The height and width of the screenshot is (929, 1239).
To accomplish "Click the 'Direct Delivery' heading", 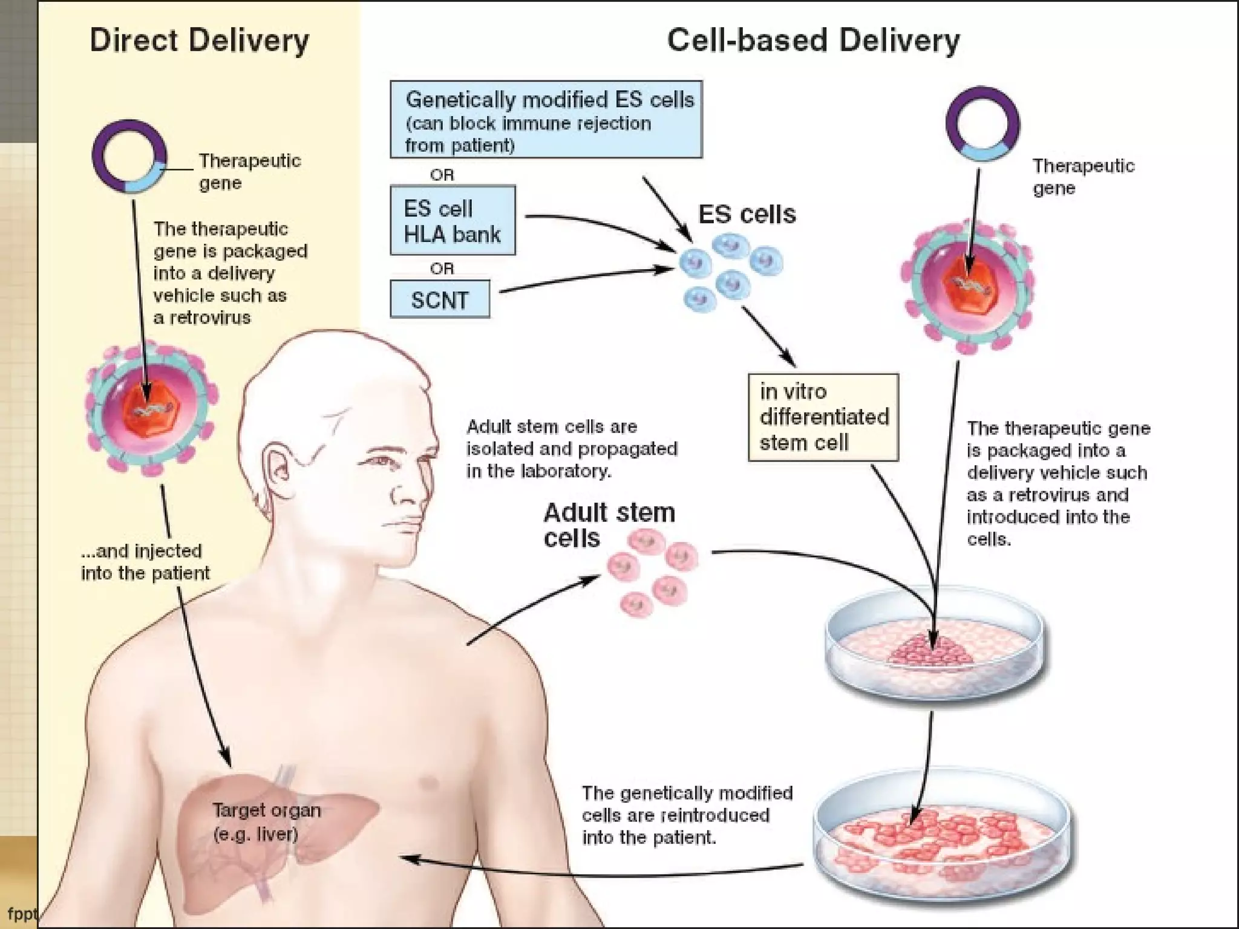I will pyautogui.click(x=199, y=41).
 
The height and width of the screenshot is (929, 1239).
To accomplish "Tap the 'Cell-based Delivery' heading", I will pyautogui.click(x=812, y=41).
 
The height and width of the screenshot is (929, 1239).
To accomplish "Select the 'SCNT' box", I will pyautogui.click(x=440, y=299).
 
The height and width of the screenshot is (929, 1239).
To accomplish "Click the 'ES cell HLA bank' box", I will pyautogui.click(x=453, y=221).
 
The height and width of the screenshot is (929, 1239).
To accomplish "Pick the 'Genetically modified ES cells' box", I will pyautogui.click(x=546, y=120).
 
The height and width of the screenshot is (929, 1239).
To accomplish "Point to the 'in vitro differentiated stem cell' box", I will pyautogui.click(x=823, y=417).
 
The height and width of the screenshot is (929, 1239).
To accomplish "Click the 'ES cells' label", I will pyautogui.click(x=747, y=214).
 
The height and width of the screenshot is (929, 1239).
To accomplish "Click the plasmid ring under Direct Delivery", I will pyautogui.click(x=129, y=156).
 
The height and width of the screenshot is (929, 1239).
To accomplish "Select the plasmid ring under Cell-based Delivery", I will pyautogui.click(x=982, y=123).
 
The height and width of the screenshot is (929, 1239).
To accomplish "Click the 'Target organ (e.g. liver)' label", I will pyautogui.click(x=266, y=822).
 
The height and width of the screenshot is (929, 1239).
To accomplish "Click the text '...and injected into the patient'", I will pyautogui.click(x=145, y=562).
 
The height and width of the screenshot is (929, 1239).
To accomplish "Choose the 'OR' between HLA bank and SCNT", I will pyautogui.click(x=442, y=268).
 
